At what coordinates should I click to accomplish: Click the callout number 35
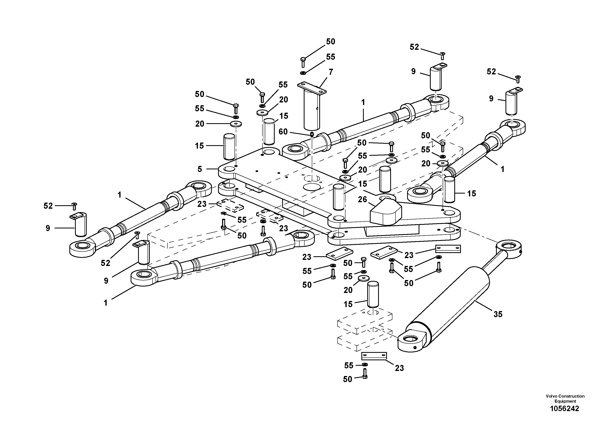point(498,314)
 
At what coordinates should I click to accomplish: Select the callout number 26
point(362,199)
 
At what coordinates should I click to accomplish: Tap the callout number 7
point(331,72)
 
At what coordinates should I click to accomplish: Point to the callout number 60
point(283,131)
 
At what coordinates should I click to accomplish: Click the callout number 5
point(200,169)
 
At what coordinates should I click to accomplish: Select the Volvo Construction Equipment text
point(565,399)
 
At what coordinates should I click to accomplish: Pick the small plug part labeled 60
point(312,134)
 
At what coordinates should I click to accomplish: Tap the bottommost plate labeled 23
point(374,356)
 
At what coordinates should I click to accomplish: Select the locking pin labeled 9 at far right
point(512,103)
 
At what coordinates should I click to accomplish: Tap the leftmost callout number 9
point(48,228)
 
